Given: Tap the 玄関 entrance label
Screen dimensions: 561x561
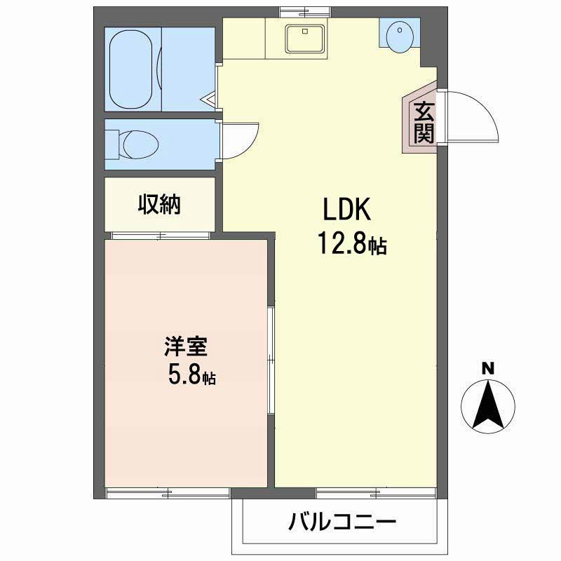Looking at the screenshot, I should [423, 121].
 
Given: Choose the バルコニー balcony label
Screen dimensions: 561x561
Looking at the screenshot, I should [342, 522].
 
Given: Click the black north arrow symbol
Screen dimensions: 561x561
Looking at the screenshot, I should [488, 406].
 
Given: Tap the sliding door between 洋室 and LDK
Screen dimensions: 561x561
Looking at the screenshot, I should [271, 361].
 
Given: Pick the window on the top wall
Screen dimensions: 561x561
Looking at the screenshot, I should [304, 10].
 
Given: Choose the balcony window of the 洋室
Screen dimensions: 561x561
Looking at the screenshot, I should [168, 493].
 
